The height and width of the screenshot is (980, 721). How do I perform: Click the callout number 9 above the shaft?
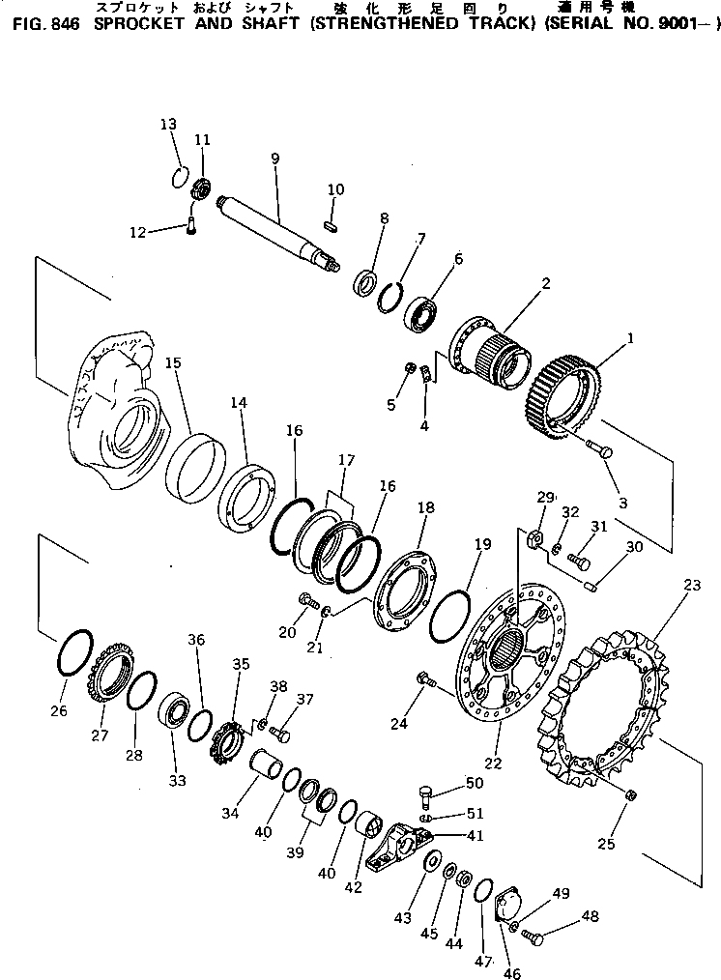(x=274, y=158)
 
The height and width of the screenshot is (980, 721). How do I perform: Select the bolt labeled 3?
(x=598, y=449)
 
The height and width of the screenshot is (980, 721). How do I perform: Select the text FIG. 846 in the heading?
(x=43, y=26)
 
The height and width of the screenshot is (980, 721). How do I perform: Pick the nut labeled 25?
(x=631, y=794)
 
